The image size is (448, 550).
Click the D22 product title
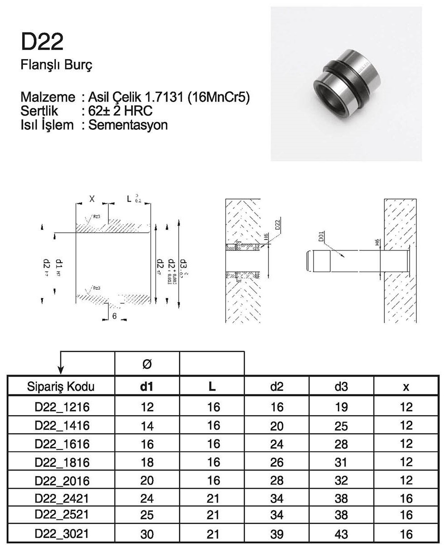[42, 42]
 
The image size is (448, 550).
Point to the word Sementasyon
[128, 125]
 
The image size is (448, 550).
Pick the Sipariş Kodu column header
[61, 387]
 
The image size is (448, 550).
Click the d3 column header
[342, 387]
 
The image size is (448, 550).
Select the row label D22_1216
[62, 407]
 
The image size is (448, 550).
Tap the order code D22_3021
[62, 534]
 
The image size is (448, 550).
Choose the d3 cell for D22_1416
[342, 425]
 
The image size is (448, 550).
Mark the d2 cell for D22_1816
[277, 462]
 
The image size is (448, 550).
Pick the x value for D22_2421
[406, 498]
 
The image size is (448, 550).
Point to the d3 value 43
[342, 534]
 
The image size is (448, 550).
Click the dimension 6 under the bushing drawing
[115, 317]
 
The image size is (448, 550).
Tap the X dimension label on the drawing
[92, 199]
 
